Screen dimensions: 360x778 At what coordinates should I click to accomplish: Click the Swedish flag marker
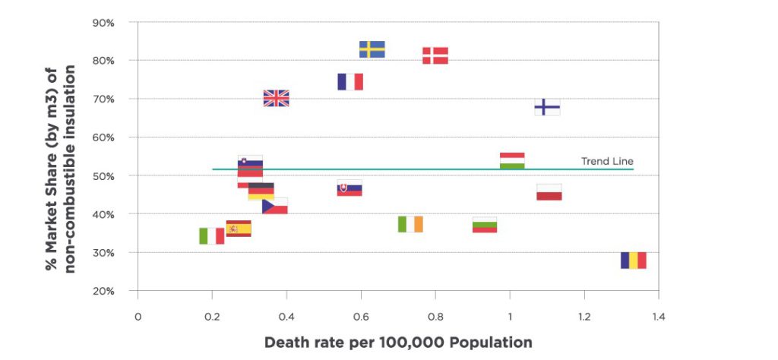coord(372,49)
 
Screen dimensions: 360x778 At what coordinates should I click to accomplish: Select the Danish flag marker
coord(435,55)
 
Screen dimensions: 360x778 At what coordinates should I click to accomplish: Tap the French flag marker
coord(350,82)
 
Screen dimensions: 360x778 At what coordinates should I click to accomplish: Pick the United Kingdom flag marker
coord(276,98)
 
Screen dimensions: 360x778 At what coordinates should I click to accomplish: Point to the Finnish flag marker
coord(547,107)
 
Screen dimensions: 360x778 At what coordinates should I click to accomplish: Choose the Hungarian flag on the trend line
coord(512,161)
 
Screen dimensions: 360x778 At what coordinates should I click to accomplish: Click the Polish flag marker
coord(549,192)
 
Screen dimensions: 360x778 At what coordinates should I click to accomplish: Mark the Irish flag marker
coord(410,224)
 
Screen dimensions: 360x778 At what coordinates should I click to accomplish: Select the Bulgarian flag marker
coord(485,226)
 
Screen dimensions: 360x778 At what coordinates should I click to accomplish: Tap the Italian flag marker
coord(212,236)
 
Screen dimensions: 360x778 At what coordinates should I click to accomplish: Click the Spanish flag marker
coord(239,229)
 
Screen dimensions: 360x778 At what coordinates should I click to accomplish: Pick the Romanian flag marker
coord(633,261)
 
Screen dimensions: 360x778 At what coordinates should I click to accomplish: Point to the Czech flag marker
coord(274,206)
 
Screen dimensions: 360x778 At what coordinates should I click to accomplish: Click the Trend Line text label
coord(607,161)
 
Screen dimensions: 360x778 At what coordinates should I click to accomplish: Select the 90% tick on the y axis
coord(104,23)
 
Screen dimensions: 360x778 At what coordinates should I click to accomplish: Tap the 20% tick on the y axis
coord(104,291)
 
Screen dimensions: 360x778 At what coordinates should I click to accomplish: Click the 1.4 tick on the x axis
coord(658,315)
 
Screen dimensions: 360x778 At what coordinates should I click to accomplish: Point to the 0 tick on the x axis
coord(138,315)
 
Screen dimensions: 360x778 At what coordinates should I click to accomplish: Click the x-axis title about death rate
coord(398,343)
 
